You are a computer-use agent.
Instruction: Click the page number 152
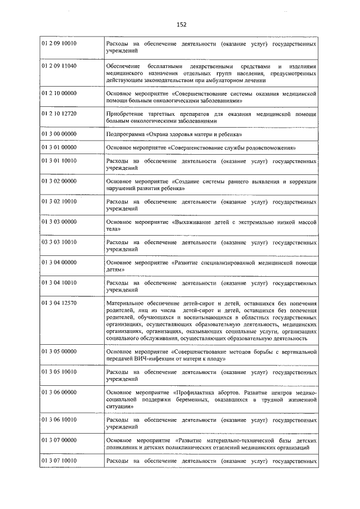point(181,24)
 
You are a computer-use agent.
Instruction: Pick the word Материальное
point(127,303)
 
